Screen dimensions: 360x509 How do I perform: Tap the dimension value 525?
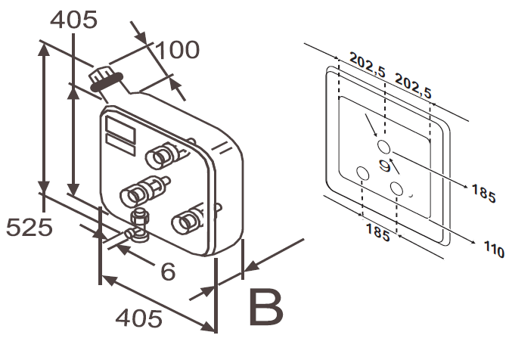pos(29,226)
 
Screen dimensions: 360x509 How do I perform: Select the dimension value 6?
pos(167,271)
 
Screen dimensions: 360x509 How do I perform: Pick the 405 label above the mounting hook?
pos(75,20)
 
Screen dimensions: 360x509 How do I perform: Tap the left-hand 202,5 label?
pos(368,67)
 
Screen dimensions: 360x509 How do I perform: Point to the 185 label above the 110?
pos(483,193)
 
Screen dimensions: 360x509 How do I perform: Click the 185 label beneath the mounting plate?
pos(377,232)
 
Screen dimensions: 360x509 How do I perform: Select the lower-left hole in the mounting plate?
pos(362,174)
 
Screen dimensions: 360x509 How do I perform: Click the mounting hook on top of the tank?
pos(105,79)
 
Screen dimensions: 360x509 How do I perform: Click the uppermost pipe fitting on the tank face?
pos(162,157)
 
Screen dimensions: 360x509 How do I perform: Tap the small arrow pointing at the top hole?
pos(371,124)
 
